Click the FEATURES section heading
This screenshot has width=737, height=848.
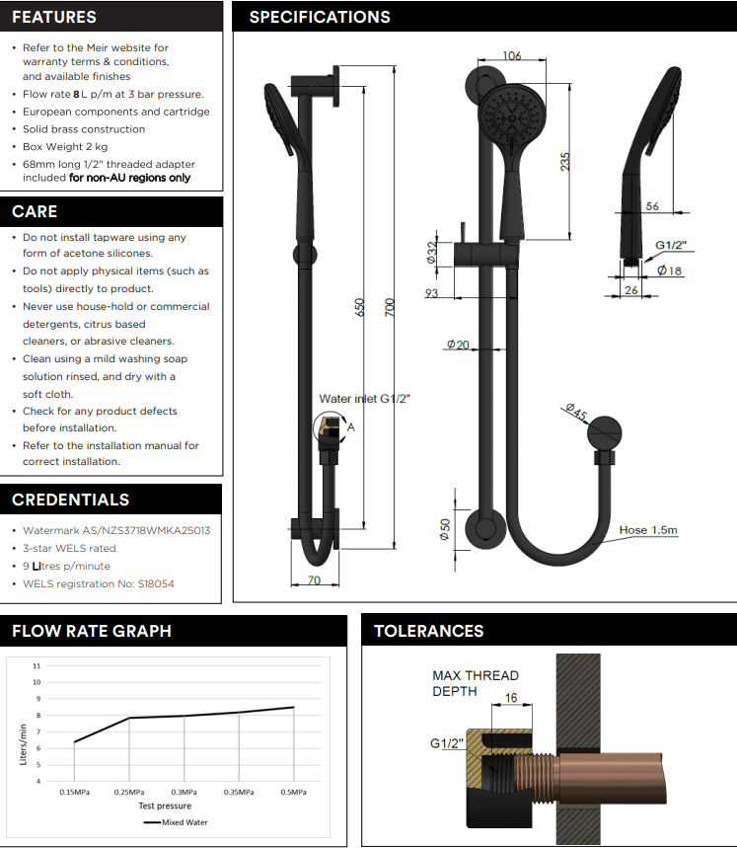tap(54, 17)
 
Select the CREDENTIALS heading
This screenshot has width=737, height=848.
tap(71, 500)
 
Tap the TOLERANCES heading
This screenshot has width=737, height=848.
tap(428, 631)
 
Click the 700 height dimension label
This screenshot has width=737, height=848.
tap(390, 308)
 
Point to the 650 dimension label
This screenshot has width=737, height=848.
tap(359, 308)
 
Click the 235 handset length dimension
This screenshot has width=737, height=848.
tap(564, 162)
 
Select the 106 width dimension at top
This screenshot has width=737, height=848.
tap(512, 55)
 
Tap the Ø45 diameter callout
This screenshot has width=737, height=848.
tap(576, 412)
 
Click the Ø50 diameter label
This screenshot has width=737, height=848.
tap(445, 529)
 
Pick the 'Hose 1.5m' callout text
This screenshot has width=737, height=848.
tap(648, 530)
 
